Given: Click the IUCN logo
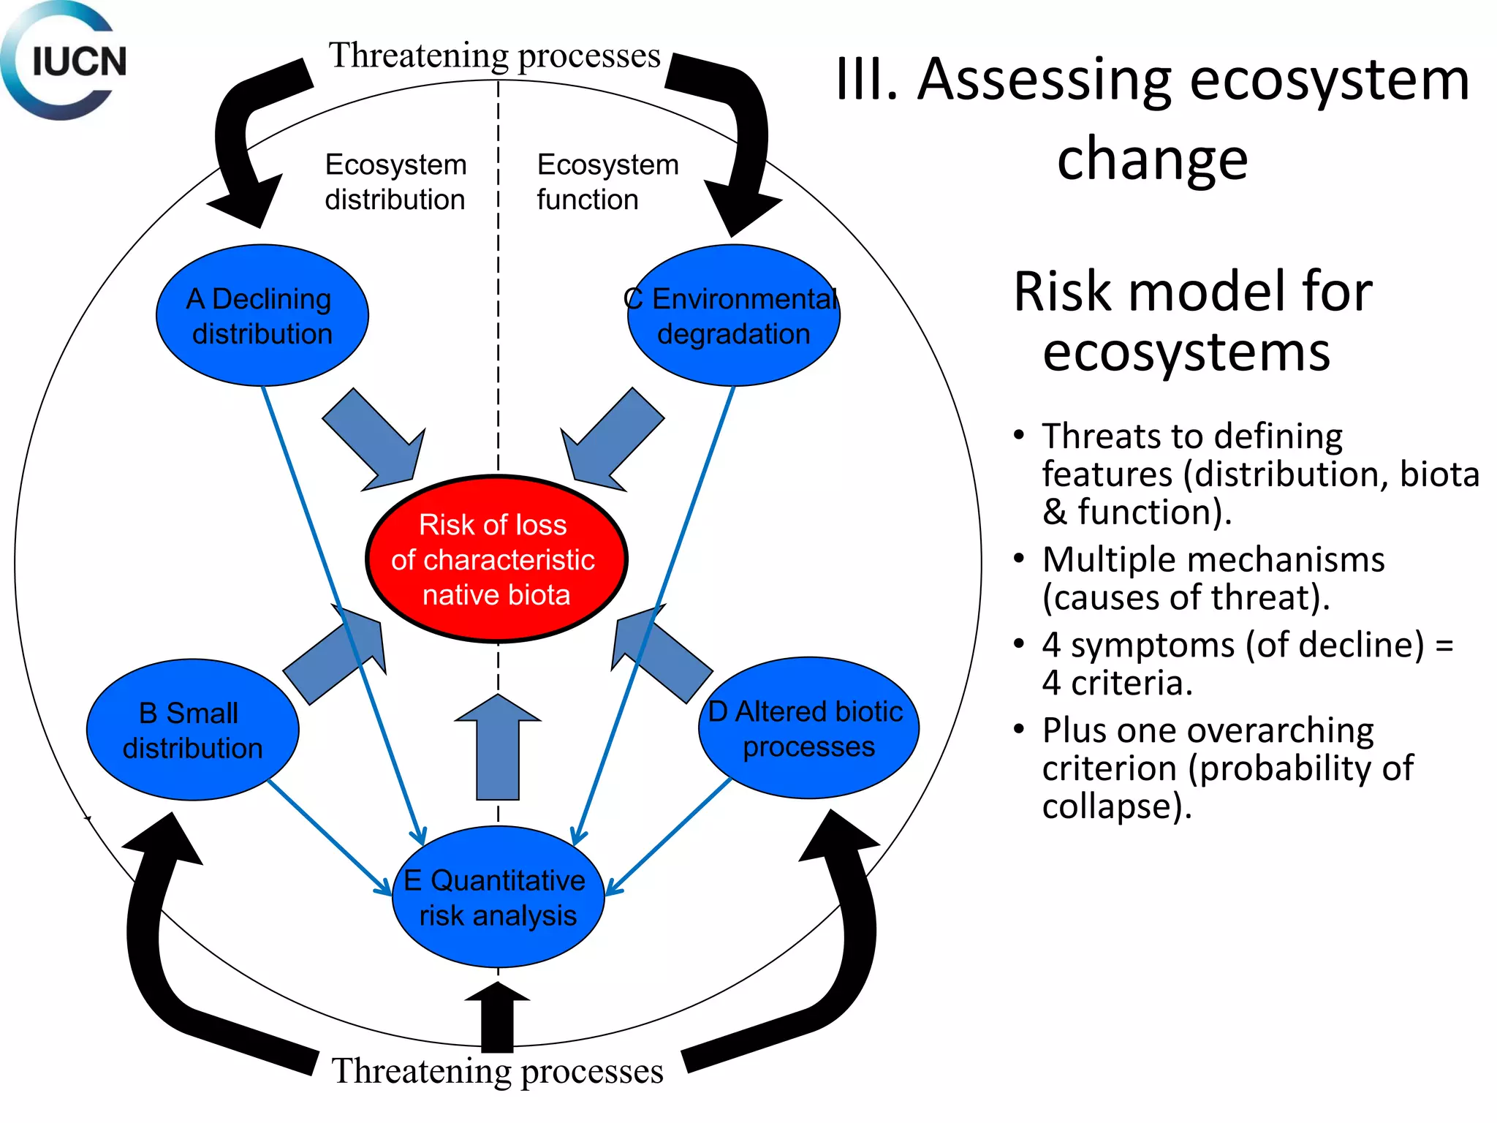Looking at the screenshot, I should (x=64, y=61).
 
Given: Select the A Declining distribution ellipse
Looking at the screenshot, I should (x=262, y=316).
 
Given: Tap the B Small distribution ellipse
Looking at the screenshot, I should (x=192, y=730).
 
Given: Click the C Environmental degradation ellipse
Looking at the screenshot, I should (x=733, y=316).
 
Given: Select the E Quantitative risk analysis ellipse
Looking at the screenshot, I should (x=498, y=897).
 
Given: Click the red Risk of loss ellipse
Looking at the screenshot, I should (x=496, y=559).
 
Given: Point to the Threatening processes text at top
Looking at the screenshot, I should (x=494, y=56).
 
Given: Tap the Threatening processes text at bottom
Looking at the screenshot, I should (x=497, y=1071).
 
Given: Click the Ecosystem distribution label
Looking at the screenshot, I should (x=395, y=182).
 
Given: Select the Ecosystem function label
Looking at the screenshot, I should (x=607, y=182).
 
